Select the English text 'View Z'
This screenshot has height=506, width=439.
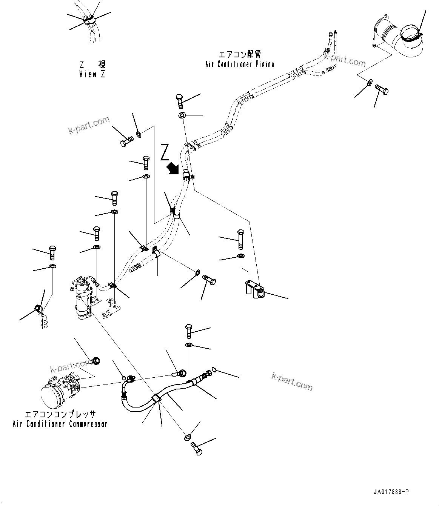tap(92, 74)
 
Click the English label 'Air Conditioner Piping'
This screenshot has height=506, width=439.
tap(239, 64)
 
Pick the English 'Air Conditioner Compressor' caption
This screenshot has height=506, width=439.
tap(60, 424)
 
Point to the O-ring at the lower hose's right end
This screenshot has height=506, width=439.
tap(214, 370)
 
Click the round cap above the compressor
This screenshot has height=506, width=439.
tap(96, 361)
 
